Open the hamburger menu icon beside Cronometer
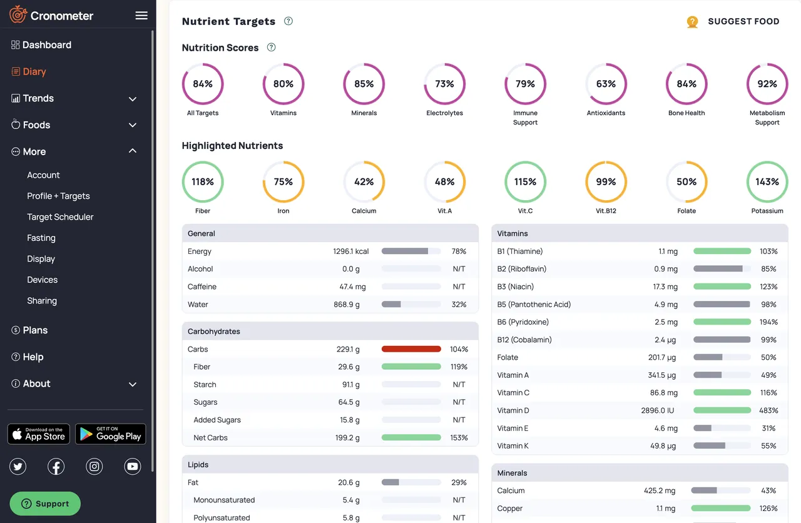click(141, 16)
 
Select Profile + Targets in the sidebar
click(58, 196)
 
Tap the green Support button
click(45, 504)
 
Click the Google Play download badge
click(111, 434)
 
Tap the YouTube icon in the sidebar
click(133, 466)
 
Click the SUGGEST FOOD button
click(733, 22)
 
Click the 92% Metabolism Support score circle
click(767, 84)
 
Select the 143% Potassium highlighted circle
click(767, 182)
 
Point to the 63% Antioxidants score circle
click(606, 84)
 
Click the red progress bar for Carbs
click(411, 349)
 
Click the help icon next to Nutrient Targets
click(288, 21)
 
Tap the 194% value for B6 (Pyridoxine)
click(768, 322)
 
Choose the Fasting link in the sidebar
click(41, 238)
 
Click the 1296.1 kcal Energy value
click(350, 251)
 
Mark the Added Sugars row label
click(217, 420)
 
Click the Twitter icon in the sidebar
click(18, 466)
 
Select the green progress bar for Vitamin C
click(722, 393)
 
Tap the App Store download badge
click(39, 434)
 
